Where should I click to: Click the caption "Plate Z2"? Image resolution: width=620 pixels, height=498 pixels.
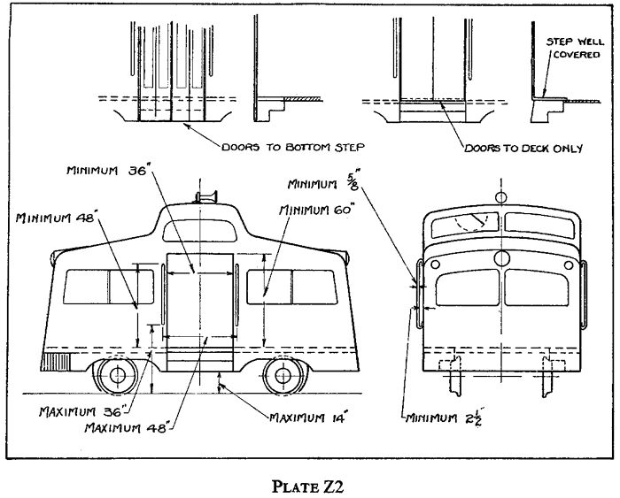(x=307, y=487)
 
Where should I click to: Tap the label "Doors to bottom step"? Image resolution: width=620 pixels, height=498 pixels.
(x=292, y=148)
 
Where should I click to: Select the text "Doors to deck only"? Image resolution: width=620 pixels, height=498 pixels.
(x=523, y=149)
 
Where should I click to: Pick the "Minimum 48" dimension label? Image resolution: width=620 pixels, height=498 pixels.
(x=56, y=217)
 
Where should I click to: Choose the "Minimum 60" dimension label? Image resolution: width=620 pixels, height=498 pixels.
(x=315, y=210)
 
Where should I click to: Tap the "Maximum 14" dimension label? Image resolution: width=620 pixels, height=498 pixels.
(x=308, y=418)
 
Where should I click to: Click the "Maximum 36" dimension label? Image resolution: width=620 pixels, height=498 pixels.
(x=83, y=412)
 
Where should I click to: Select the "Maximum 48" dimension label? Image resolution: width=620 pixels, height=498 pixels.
(x=129, y=428)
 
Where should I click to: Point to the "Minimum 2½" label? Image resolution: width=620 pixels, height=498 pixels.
(x=443, y=417)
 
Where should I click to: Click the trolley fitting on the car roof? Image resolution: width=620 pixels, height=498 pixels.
(x=206, y=196)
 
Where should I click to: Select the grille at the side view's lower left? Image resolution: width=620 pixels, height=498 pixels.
(x=55, y=362)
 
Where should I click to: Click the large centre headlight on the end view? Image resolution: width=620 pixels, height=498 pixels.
(x=502, y=258)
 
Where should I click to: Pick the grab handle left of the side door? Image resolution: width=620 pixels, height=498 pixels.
(x=162, y=295)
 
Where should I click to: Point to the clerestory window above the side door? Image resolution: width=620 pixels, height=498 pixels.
(x=198, y=231)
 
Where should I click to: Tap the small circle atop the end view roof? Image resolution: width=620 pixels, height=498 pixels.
(x=501, y=196)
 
